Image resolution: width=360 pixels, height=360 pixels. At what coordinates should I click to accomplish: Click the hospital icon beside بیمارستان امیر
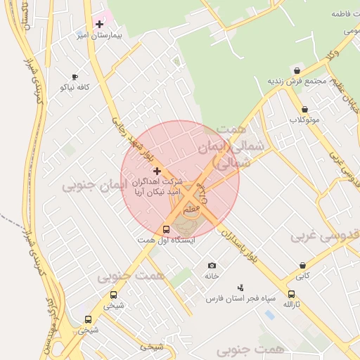coord(100,24)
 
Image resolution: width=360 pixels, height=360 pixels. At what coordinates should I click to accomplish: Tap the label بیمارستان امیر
coord(99,35)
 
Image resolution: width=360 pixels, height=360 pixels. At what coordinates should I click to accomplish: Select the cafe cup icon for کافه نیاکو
coord(75,77)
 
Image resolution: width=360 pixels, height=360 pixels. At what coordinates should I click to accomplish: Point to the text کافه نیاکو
coord(74,87)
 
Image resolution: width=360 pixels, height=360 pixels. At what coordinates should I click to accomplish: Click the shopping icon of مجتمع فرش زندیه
coord(297,71)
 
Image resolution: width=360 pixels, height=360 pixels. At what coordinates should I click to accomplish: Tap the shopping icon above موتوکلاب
coord(304,110)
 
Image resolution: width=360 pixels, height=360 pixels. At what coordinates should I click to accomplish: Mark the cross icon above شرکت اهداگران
coord(156,171)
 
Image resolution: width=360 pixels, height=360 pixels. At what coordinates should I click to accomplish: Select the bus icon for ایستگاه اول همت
coord(167,229)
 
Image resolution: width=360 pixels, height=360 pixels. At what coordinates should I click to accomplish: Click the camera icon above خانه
coord(212,266)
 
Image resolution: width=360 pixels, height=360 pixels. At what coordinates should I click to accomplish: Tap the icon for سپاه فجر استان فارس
coord(240,288)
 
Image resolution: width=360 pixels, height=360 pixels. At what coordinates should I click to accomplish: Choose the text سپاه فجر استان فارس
coord(234,299)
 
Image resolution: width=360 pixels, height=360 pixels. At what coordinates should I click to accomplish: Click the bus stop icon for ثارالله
coord(291,295)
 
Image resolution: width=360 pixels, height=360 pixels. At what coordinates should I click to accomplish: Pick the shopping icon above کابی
coord(302,266)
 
